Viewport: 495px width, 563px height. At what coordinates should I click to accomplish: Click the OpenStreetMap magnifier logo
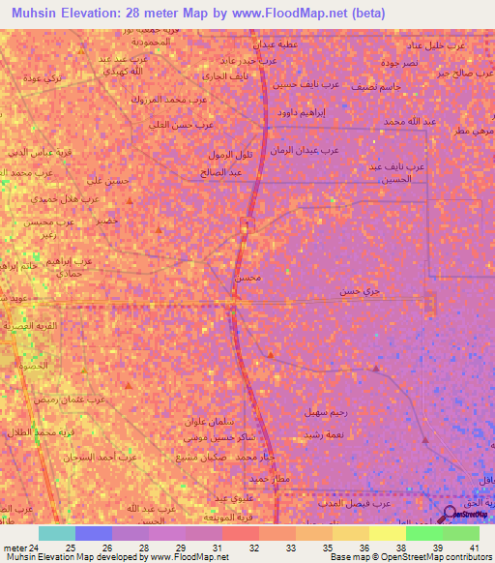[451, 515]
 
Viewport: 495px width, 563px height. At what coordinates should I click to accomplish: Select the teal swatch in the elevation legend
[57, 533]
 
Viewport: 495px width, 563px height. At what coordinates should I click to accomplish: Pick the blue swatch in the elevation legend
[94, 533]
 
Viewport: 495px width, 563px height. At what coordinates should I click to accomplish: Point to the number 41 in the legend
[474, 548]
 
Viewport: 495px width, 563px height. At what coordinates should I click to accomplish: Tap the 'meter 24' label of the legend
[18, 548]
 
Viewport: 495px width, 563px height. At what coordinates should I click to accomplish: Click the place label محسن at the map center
[247, 278]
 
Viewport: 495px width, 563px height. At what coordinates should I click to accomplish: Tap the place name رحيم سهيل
[325, 412]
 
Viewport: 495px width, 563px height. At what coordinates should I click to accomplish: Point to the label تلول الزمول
[230, 155]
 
